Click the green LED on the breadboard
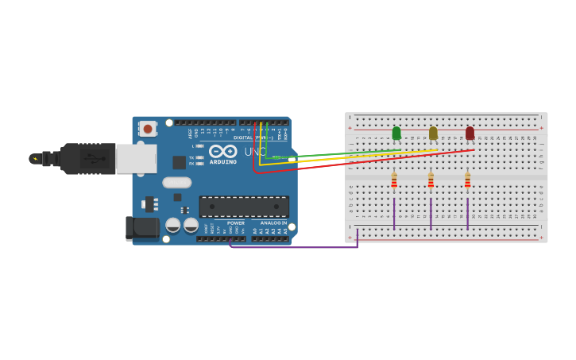click(396, 133)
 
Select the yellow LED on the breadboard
click(433, 133)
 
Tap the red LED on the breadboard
click(470, 133)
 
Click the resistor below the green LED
click(394, 182)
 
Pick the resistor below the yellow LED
click(431, 182)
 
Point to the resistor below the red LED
click(467, 182)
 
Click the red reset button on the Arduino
click(148, 129)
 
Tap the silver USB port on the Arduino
click(136, 159)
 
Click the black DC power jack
click(142, 228)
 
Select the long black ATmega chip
click(244, 207)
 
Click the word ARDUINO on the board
click(223, 162)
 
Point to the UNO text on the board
click(255, 151)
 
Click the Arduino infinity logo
click(223, 151)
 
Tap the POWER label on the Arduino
click(236, 223)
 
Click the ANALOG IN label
click(272, 223)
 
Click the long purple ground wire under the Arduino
click(294, 247)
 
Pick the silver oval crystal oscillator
click(176, 182)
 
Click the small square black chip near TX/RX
click(180, 162)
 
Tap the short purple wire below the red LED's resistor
click(467, 213)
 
